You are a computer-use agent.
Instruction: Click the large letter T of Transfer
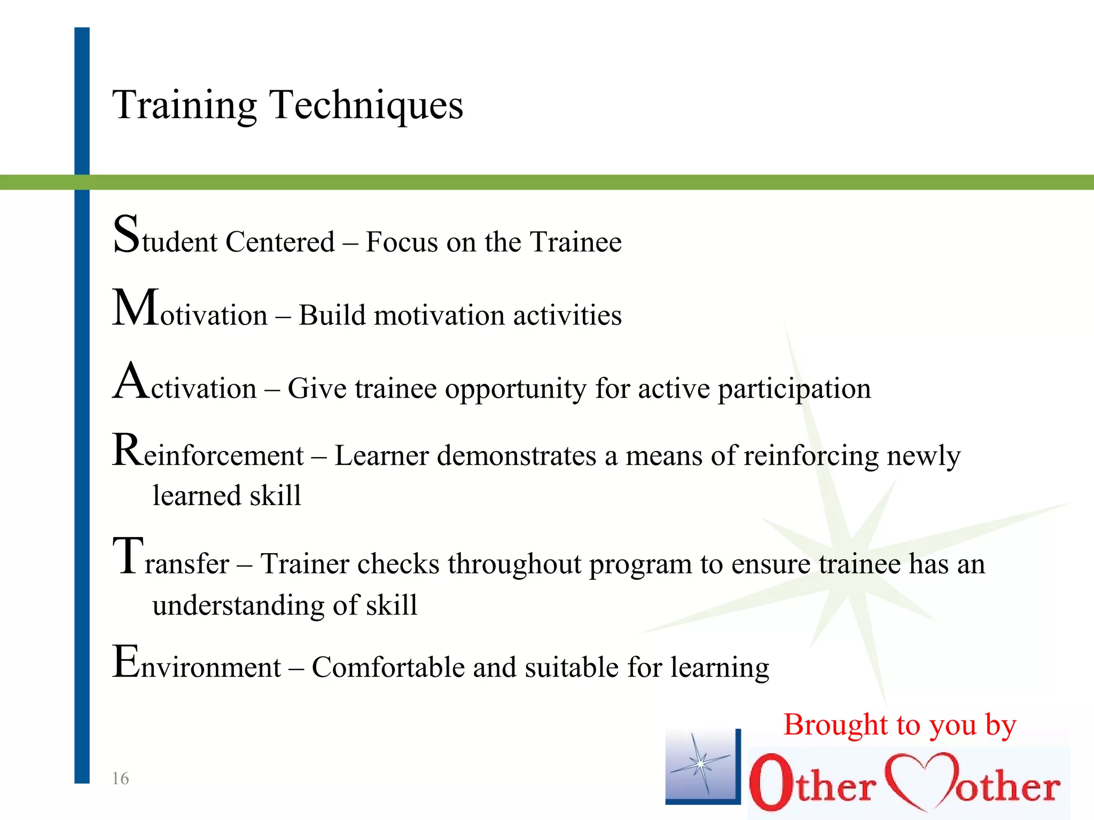(x=128, y=556)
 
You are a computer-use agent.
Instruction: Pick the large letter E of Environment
(x=126, y=661)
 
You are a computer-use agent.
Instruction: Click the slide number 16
(x=120, y=778)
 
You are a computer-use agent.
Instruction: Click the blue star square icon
(x=702, y=767)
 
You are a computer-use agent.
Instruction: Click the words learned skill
(x=226, y=495)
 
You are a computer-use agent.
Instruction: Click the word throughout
(x=514, y=564)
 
